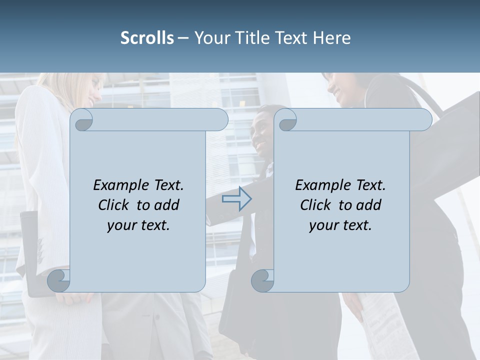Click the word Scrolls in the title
[x=147, y=38]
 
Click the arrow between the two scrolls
[x=236, y=199]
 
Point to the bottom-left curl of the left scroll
[x=59, y=281]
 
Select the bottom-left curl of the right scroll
[x=262, y=281]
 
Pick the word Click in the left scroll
[x=114, y=205]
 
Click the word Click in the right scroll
[x=315, y=205]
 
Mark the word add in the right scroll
[x=369, y=205]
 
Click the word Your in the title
[x=211, y=38]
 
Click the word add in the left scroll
[x=167, y=205]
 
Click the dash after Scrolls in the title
[x=183, y=38]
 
